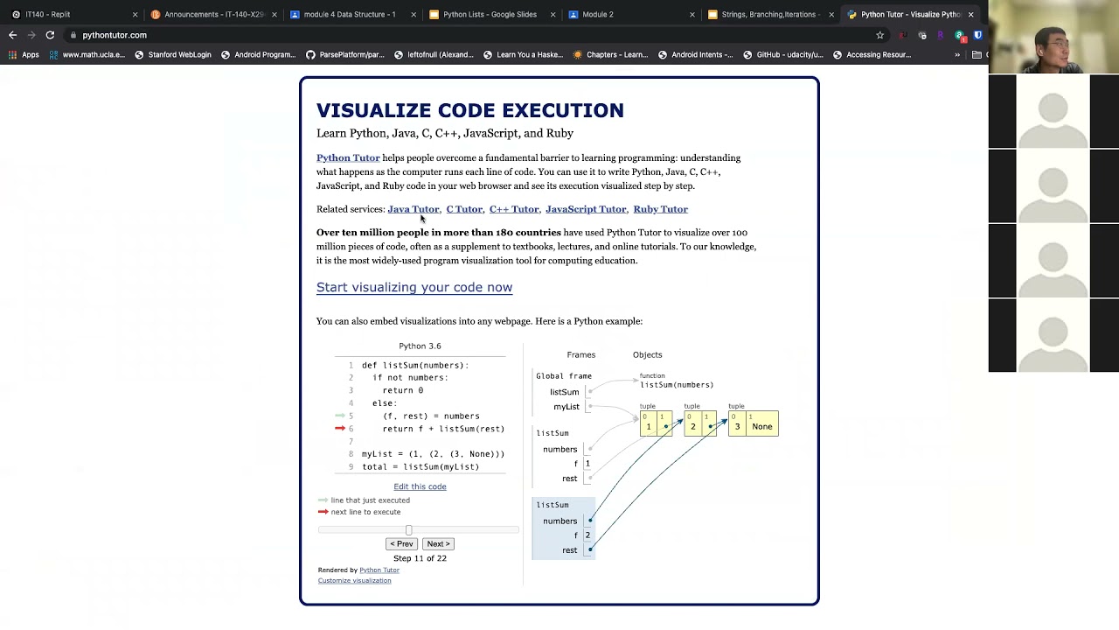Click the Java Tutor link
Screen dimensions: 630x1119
413,209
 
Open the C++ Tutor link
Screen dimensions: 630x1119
514,209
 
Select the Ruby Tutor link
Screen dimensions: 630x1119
660,209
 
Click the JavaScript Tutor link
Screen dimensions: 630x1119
586,209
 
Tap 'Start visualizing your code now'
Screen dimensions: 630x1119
414,287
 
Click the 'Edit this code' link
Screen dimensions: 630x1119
420,486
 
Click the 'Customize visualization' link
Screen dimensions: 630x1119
354,580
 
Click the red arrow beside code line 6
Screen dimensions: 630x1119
340,429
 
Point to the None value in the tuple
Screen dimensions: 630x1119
762,427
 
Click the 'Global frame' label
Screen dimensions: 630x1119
564,376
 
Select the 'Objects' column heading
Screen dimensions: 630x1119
647,354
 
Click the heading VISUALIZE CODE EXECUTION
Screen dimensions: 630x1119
470,110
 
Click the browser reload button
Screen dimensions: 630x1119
50,35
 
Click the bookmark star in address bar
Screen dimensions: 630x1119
879,35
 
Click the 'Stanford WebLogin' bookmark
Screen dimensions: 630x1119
179,54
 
